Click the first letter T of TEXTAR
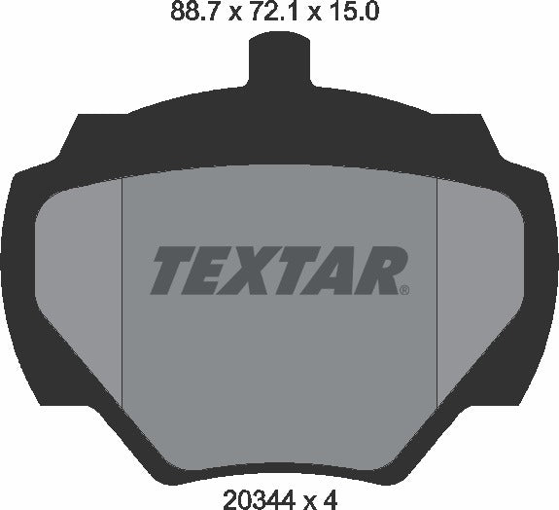tap(170, 270)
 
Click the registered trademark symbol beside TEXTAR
tap(404, 288)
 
